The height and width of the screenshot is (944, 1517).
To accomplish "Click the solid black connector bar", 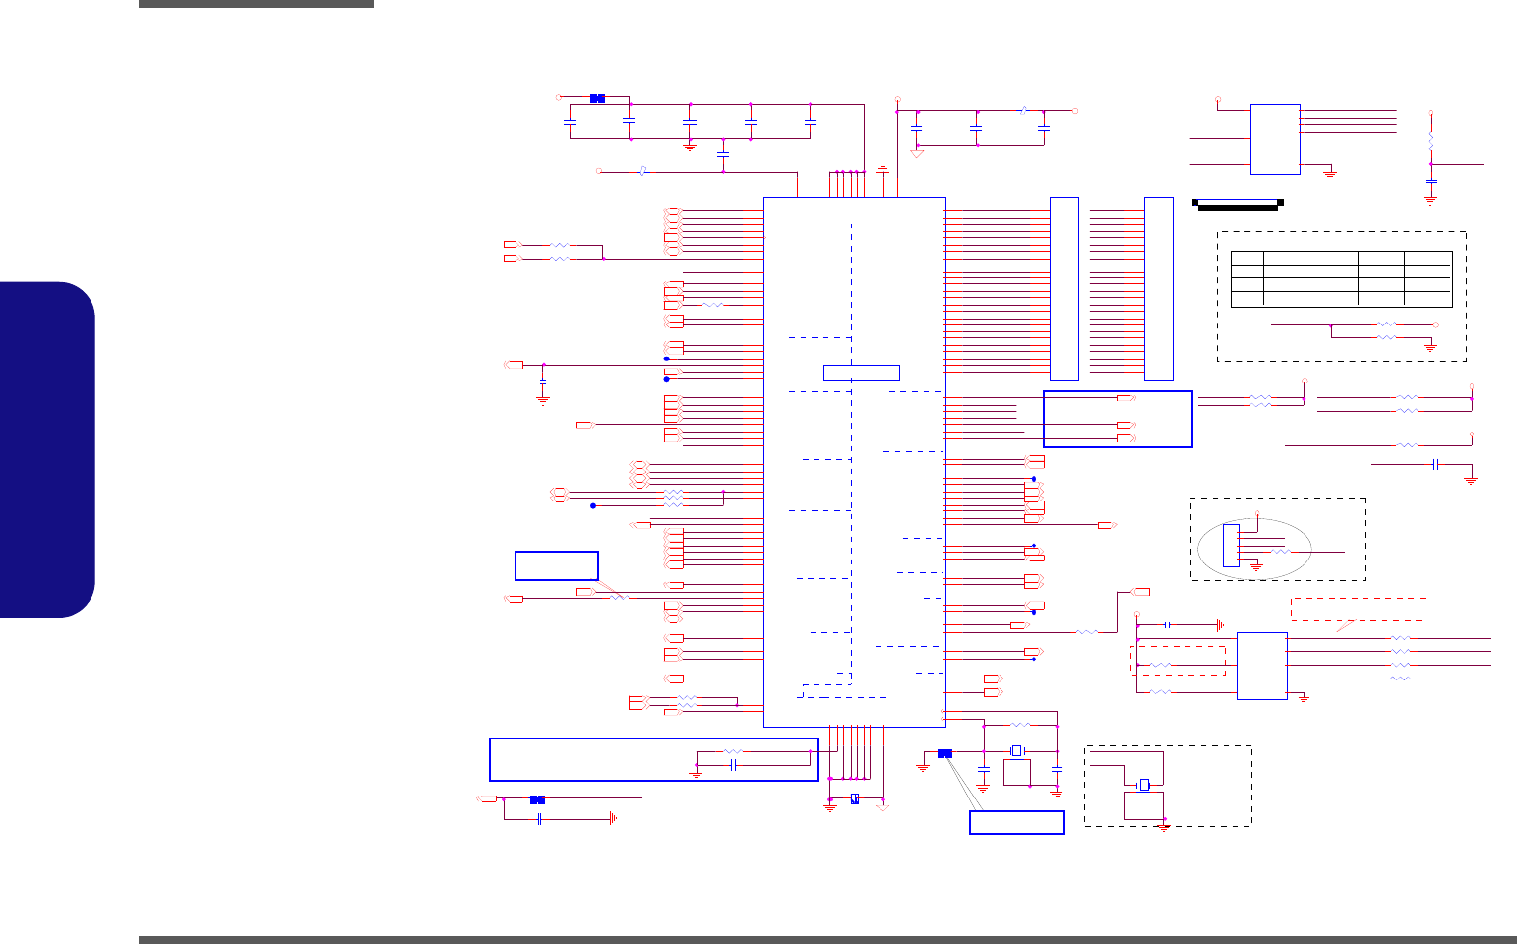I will [1237, 205].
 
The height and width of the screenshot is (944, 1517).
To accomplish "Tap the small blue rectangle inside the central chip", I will [861, 372].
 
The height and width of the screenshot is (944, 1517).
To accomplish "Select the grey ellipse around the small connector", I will [1255, 547].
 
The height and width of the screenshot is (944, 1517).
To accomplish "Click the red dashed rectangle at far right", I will [1358, 609].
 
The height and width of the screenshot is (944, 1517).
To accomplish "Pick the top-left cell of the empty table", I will [1246, 258].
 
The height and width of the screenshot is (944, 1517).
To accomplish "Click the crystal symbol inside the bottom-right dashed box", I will [1144, 785].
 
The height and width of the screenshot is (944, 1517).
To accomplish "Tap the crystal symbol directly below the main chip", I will [1017, 750].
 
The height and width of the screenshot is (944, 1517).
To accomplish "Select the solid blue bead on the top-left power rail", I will [597, 98].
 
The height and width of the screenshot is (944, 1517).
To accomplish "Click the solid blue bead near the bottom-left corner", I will [537, 799].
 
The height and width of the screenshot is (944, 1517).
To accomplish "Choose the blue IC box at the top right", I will [1275, 140].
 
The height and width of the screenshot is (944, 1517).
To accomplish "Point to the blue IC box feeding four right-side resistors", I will [1261, 666].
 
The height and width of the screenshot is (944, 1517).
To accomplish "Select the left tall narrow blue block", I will [1064, 288].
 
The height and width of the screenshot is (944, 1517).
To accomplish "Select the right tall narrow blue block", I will [1159, 288].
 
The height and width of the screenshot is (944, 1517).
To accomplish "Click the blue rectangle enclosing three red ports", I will [1118, 419].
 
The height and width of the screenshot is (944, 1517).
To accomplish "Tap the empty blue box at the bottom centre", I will [1016, 822].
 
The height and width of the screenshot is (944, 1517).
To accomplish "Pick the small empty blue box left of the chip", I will [556, 565].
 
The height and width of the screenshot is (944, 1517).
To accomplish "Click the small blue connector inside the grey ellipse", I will [1231, 546].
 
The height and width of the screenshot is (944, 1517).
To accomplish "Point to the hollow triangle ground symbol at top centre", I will [917, 152].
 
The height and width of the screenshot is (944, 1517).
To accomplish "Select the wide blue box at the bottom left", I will [653, 759].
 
